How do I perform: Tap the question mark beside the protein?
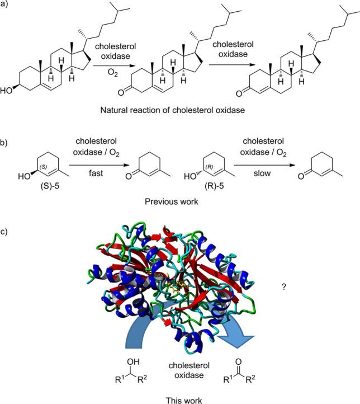[285, 286]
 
